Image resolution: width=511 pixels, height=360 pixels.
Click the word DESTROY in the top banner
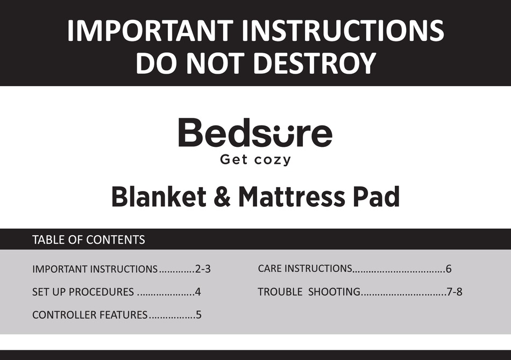point(314,63)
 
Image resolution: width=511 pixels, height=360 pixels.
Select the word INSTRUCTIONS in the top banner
point(343,31)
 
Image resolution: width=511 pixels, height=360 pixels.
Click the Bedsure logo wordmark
point(255,133)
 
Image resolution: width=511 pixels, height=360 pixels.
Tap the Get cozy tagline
point(256,160)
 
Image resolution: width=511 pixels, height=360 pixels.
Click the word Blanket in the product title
point(159,197)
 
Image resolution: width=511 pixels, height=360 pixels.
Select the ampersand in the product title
point(222,197)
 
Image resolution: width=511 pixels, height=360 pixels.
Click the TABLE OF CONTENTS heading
point(88,240)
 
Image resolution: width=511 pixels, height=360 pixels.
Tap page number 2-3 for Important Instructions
point(203,269)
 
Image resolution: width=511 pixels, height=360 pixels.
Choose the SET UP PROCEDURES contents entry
point(83,292)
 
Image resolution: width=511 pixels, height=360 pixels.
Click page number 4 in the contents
point(198,292)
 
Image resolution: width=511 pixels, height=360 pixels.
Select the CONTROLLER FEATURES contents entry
point(89,315)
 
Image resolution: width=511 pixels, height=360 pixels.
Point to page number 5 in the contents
point(198,315)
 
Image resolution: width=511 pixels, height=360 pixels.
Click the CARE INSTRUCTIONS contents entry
point(305,268)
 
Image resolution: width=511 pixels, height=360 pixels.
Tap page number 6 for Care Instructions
point(449,269)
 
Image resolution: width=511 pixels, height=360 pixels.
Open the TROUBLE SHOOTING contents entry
point(309,292)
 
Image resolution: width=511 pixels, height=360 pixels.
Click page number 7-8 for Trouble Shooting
point(455,292)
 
